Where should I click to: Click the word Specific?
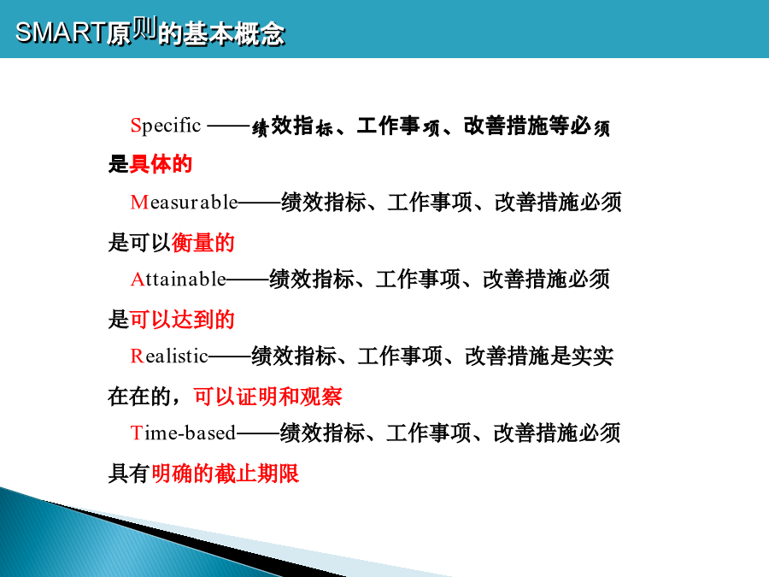166,126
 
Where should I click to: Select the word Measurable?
185,202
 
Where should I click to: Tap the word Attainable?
179,280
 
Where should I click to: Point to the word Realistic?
170,356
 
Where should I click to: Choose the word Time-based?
184,433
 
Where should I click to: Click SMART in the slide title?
61,32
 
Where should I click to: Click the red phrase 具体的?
161,164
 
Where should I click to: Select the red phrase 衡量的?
203,243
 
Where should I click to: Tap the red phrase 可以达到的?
182,320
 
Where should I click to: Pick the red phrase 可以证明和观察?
267,397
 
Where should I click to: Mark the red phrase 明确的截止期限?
225,474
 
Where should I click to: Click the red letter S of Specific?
136,125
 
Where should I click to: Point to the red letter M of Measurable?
139,202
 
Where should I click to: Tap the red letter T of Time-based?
137,433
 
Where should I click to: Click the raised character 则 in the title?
144,27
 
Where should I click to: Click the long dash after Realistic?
230,357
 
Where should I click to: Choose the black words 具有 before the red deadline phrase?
129,474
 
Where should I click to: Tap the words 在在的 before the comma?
139,397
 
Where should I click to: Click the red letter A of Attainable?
137,280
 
